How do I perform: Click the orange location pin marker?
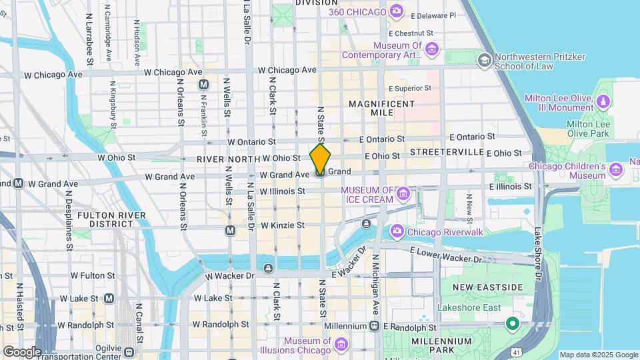tap(321, 159)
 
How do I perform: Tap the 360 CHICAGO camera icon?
tap(397, 11)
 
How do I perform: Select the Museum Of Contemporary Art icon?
tap(432, 49)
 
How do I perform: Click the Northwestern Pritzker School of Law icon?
tap(483, 61)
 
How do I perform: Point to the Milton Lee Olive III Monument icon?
tap(603, 101)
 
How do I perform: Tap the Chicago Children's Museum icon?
tap(617, 170)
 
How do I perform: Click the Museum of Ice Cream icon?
tap(403, 194)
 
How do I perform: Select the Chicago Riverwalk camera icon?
tap(397, 231)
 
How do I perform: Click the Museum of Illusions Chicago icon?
tap(341, 344)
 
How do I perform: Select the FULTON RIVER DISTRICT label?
tap(106, 219)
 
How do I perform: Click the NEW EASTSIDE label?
tap(487, 287)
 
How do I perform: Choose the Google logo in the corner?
tap(21, 351)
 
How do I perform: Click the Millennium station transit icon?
tap(375, 326)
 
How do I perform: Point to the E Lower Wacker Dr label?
tap(445, 255)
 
